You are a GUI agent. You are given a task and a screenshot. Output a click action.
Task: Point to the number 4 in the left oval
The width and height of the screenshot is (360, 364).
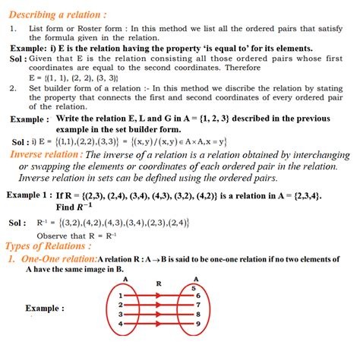[x=121, y=324]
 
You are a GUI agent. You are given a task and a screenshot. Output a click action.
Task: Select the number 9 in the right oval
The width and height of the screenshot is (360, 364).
[x=198, y=324]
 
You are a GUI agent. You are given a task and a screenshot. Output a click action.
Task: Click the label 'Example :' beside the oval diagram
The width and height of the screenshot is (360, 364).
[x=45, y=309]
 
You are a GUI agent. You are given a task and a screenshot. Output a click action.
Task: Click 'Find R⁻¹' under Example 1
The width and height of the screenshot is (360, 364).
[x=75, y=206]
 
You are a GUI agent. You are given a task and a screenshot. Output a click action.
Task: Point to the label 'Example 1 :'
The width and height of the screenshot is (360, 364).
[x=28, y=195]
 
